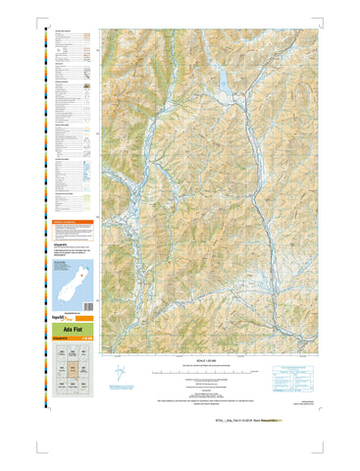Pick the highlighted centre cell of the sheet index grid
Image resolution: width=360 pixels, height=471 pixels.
(x=73, y=373)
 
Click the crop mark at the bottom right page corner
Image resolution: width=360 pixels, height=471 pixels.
(x=340, y=453)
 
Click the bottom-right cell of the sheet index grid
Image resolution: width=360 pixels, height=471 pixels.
(x=85, y=388)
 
